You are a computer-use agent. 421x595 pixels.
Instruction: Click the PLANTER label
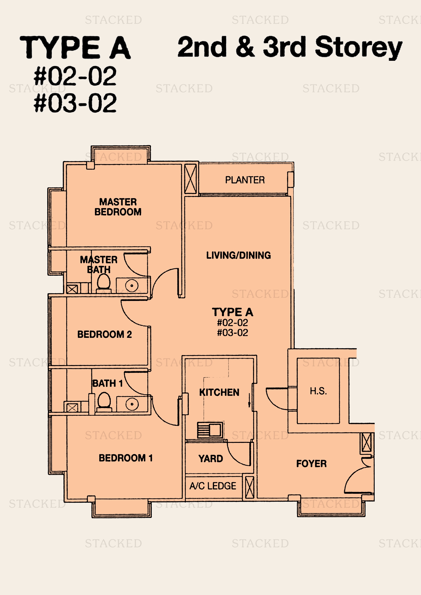point(245,180)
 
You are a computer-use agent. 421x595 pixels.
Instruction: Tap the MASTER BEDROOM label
point(118,207)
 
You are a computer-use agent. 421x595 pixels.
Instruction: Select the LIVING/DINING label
point(238,255)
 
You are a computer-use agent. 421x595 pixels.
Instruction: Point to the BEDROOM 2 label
point(104,334)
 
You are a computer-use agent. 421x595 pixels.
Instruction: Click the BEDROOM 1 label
point(126,458)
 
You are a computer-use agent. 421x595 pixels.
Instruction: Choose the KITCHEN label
point(219,392)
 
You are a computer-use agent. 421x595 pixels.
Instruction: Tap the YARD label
point(211,459)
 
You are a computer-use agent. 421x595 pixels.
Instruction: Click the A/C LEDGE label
point(213,486)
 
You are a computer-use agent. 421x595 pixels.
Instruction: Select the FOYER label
point(311,464)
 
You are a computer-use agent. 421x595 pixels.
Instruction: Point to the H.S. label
point(318,391)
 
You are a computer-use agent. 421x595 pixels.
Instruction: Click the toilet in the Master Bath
point(104,282)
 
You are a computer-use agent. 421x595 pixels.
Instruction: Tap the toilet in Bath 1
point(104,401)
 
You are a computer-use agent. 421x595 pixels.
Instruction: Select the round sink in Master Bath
point(132,286)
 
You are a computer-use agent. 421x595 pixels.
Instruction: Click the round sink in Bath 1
point(132,404)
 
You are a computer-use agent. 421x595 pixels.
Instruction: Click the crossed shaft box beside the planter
point(191,179)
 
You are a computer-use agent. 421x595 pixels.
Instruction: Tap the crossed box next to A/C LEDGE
point(250,487)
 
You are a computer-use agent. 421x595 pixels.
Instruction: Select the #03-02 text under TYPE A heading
point(75,103)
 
